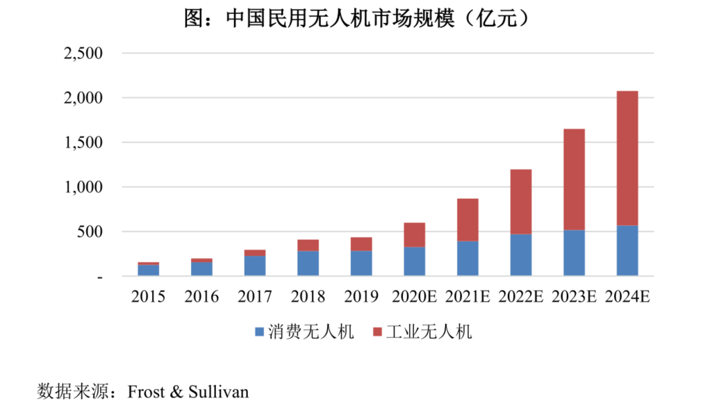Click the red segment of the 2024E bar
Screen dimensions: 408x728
(x=627, y=158)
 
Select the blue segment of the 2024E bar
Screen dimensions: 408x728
(x=627, y=250)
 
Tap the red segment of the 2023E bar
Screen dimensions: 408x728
(x=574, y=179)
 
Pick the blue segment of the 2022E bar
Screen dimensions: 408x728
(x=521, y=254)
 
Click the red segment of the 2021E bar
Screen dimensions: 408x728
(x=468, y=220)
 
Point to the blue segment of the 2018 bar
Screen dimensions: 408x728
(x=308, y=263)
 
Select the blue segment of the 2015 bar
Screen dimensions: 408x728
(x=148, y=270)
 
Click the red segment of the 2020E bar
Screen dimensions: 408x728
(x=415, y=235)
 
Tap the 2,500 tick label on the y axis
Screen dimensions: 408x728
(x=83, y=54)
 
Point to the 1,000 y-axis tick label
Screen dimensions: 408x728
(x=83, y=188)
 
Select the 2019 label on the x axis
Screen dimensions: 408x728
(x=361, y=297)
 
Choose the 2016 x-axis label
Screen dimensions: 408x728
(x=201, y=297)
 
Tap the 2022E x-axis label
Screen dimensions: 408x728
(x=521, y=297)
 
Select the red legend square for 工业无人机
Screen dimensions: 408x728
(x=378, y=332)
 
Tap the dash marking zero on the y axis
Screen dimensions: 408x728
(x=99, y=277)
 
